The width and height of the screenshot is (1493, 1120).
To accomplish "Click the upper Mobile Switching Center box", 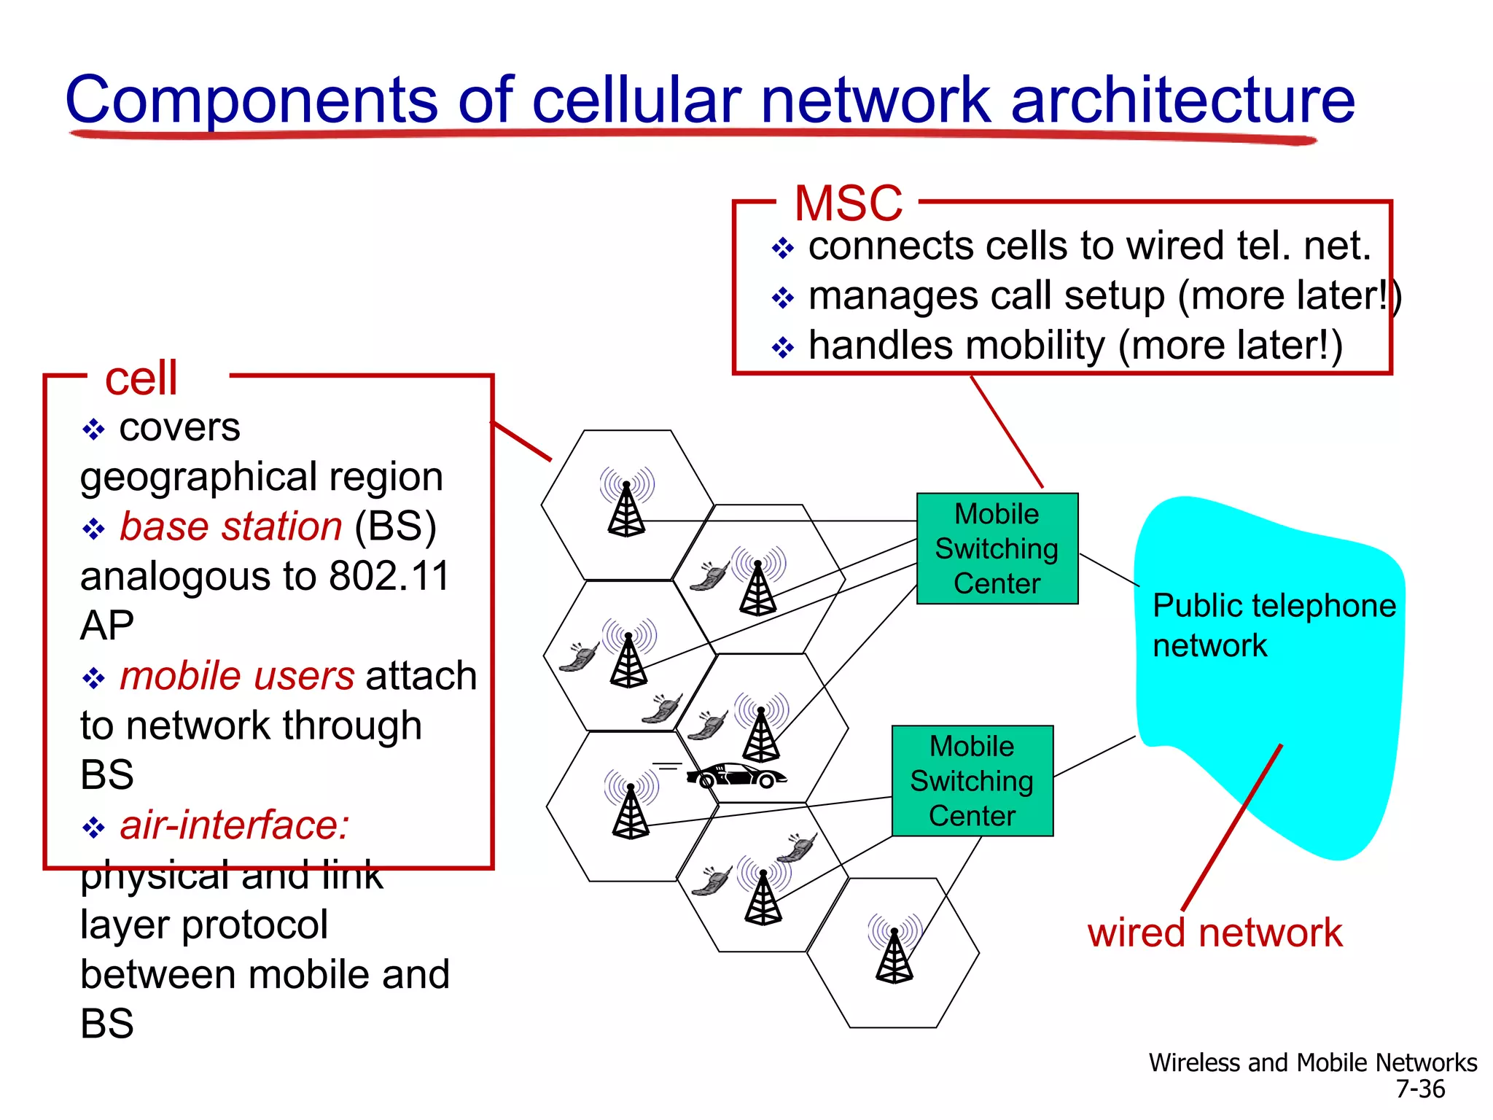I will click(997, 548).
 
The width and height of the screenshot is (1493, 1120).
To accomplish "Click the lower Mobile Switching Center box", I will click(972, 780).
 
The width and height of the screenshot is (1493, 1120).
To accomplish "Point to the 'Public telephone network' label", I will click(1274, 625).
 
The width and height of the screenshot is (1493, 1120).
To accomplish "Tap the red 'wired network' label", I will click(1215, 933).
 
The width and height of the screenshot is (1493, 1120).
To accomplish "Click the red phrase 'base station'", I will click(230, 526).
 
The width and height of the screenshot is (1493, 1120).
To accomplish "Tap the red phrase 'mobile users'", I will click(237, 676).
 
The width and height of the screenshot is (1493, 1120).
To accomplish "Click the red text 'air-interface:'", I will click(234, 825).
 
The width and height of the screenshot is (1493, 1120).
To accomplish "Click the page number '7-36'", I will click(1419, 1089).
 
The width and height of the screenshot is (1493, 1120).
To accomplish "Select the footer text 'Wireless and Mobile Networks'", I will click(1312, 1062).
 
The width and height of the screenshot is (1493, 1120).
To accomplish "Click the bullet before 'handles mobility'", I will click(782, 348).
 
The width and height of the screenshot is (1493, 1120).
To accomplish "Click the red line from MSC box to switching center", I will click(1007, 432).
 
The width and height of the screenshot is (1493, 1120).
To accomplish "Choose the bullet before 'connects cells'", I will click(782, 249).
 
